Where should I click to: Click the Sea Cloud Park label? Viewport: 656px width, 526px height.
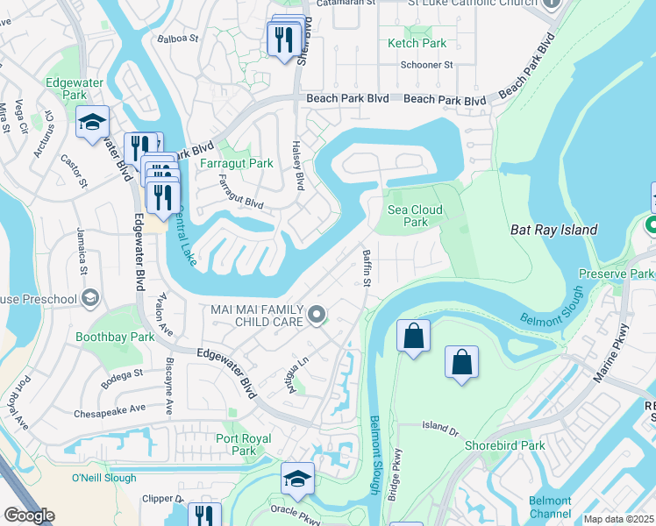[415, 216]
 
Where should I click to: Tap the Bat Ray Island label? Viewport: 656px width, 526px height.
[553, 230]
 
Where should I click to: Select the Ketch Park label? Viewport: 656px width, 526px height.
[417, 43]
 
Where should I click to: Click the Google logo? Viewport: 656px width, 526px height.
[29, 515]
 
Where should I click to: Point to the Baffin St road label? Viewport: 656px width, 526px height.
[367, 267]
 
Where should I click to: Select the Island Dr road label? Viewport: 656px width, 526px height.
[440, 428]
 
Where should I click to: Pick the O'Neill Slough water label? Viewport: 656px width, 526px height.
[104, 478]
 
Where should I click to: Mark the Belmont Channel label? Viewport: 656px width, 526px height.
[550, 507]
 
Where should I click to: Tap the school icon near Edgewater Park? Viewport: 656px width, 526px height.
[91, 124]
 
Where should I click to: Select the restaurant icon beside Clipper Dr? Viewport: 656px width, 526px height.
[203, 515]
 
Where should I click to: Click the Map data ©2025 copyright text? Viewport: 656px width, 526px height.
[618, 519]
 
